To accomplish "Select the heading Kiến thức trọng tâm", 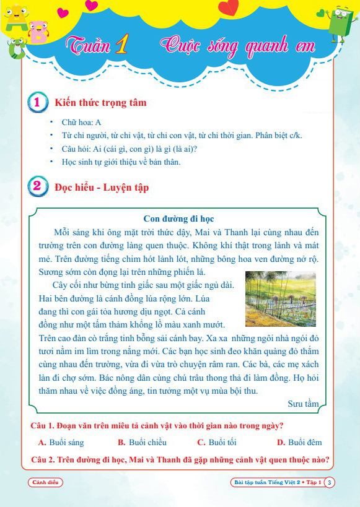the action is [x=100, y=102].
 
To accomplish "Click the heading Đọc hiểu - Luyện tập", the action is [x=102, y=186].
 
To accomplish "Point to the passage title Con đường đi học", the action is [x=179, y=219].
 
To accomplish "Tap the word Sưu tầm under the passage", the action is [x=303, y=404].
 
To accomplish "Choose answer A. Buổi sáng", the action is [x=61, y=442].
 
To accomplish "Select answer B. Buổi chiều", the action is [x=142, y=442].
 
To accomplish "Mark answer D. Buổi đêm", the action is [x=299, y=442].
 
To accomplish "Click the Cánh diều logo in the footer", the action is [x=45, y=482].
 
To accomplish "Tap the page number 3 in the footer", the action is [x=330, y=482].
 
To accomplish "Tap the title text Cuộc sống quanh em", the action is [x=238, y=46].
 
